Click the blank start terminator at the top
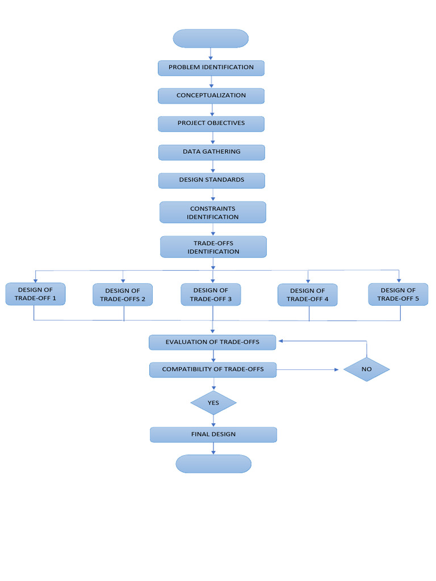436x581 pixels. click(211, 39)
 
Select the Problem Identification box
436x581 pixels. click(211, 68)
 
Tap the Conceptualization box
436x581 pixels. click(211, 95)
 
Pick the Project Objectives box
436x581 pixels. click(211, 124)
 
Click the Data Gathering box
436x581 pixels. click(212, 152)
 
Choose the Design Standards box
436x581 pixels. click(212, 180)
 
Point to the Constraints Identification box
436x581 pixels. click(213, 212)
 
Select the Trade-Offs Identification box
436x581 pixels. click(213, 247)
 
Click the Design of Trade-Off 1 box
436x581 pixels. click(35, 294)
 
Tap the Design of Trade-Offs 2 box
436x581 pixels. click(123, 294)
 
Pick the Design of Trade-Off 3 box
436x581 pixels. click(211, 294)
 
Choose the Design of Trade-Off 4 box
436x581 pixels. click(308, 294)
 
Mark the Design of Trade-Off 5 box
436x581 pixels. click(398, 294)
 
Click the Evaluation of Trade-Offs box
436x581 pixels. click(212, 342)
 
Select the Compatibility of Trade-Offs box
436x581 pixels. click(213, 369)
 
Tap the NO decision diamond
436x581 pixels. click(367, 369)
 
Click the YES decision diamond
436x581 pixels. click(213, 403)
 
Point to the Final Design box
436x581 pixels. click(213, 435)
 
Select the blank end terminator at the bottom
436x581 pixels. click(213, 464)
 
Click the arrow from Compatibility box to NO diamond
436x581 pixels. click(309, 370)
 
